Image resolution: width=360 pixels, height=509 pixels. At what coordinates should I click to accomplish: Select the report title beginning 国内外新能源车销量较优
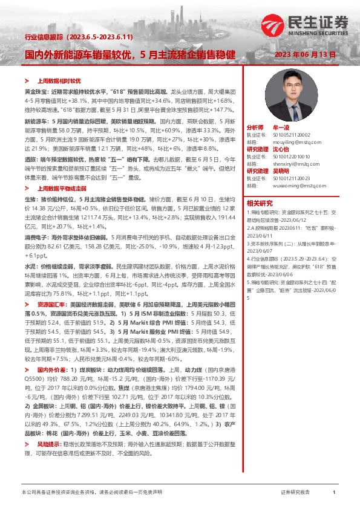coord(129,54)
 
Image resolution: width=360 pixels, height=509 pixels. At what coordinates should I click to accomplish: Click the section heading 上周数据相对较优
coord(59,80)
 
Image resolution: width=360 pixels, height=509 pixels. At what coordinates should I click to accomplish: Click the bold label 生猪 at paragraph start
coord(30,198)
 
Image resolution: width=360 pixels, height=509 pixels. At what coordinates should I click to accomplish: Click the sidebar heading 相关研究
coord(260,203)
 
